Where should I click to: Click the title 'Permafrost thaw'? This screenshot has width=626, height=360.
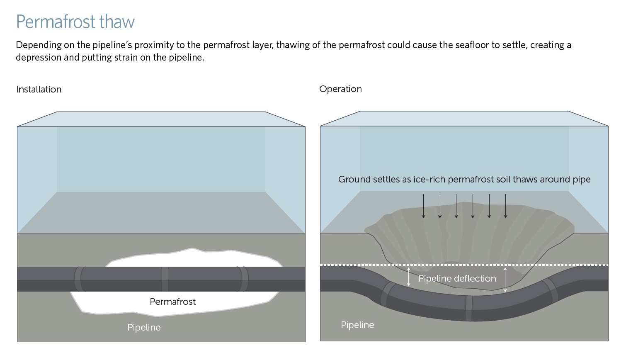75,22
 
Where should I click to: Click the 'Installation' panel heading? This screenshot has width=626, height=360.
39,89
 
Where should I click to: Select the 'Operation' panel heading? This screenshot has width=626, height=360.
340,89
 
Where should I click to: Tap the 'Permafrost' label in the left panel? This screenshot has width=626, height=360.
172,302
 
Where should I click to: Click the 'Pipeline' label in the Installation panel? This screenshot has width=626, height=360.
144,327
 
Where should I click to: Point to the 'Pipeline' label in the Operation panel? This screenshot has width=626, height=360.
357,325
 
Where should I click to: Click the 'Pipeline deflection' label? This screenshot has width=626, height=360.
457,278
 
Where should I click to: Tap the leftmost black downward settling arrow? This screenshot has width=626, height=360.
423,206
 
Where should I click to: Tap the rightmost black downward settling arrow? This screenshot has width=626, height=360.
505,206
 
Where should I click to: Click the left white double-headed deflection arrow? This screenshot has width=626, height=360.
409,277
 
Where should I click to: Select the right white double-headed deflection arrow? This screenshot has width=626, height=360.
505,280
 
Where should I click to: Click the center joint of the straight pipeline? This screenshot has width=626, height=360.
165,279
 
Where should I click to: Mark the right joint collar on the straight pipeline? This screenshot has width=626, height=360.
243,279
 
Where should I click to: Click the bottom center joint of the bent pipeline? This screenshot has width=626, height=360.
469,309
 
